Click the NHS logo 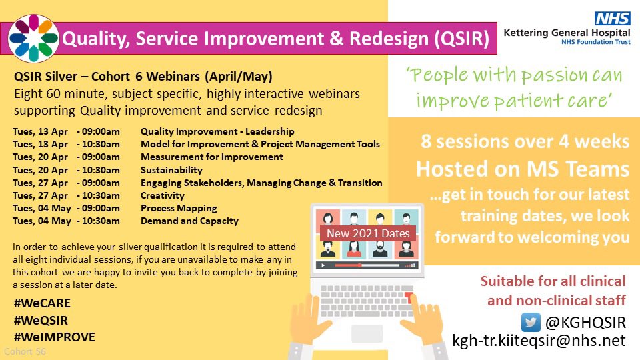click(x=612, y=19)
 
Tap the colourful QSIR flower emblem click(x=33, y=39)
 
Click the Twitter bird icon click(x=531, y=323)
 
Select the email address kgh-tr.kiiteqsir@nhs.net click(x=539, y=341)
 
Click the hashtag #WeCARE click(x=42, y=303)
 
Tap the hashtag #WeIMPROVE click(x=54, y=337)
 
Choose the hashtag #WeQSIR click(x=41, y=321)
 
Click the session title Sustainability click(x=171, y=170)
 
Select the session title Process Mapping click(x=179, y=208)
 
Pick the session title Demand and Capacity click(x=189, y=221)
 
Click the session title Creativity click(x=163, y=195)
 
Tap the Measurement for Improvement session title click(x=212, y=157)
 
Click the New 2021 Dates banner click(x=368, y=233)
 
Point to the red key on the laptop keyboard click(x=409, y=297)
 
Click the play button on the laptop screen click(x=323, y=265)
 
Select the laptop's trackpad click(x=367, y=333)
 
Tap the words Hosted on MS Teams click(x=523, y=169)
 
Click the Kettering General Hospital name click(x=567, y=33)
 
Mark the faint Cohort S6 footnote click(x=25, y=351)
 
